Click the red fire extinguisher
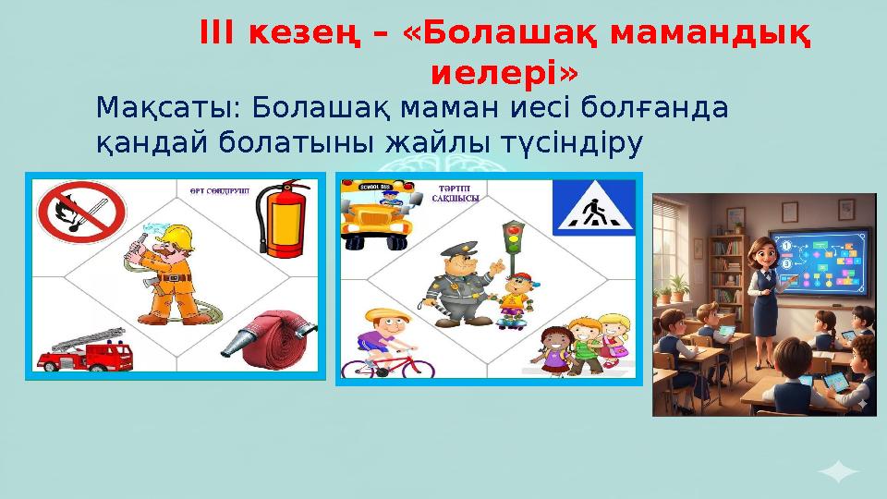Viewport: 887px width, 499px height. pos(283,222)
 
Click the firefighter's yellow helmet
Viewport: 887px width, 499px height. pos(175,238)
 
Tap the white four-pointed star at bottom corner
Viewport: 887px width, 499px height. pos(838,473)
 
